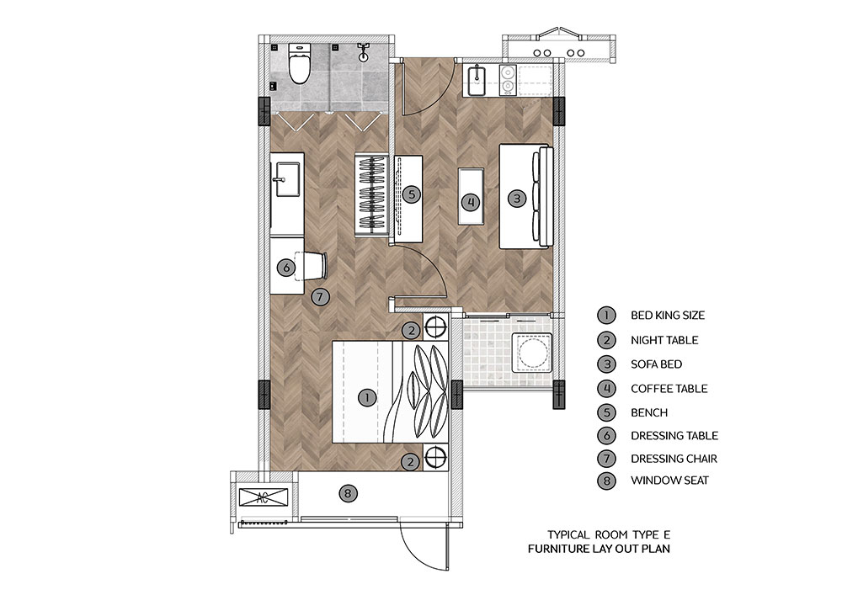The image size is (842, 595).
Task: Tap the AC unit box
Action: [x=263, y=497]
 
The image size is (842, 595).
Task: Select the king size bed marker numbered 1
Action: [x=367, y=397]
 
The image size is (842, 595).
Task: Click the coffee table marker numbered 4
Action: [x=471, y=202]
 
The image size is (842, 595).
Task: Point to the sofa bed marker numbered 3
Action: [x=517, y=199]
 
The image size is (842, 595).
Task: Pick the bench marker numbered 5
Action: [x=412, y=194]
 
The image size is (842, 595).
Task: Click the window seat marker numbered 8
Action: [x=348, y=492]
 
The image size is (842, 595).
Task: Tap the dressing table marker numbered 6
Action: [x=286, y=267]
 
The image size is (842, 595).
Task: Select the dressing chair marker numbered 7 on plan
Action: [x=320, y=296]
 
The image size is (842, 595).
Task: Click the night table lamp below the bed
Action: [x=435, y=458]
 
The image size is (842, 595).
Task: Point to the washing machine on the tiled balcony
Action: [x=531, y=352]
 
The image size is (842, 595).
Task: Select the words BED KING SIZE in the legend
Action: [x=668, y=316]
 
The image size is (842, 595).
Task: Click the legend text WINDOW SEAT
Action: [x=669, y=481]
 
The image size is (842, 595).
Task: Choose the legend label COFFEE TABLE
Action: [x=669, y=389]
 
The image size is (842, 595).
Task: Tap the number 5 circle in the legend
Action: [x=607, y=412]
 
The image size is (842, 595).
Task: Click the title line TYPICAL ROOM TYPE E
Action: [x=609, y=535]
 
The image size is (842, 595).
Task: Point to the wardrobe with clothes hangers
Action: [x=371, y=194]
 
